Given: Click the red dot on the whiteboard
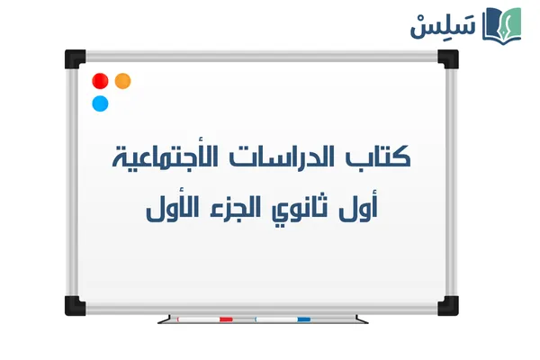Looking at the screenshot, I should [101, 81].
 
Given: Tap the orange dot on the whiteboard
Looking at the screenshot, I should [123, 80].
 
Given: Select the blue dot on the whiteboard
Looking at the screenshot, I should [100, 103].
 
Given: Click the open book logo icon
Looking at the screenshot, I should [502, 24].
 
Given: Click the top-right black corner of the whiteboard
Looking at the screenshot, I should [447, 58].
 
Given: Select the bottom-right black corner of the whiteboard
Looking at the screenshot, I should [447, 304].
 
